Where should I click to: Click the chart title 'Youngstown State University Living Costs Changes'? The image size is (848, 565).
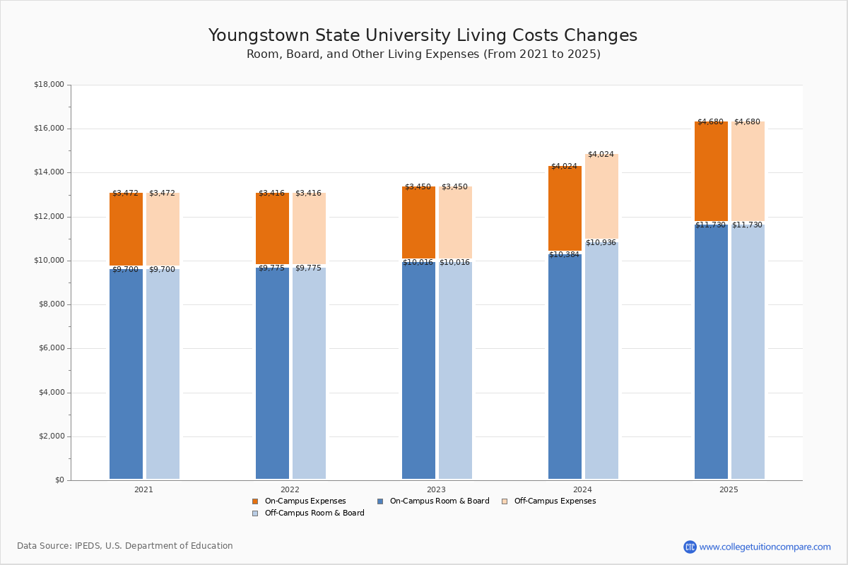(x=423, y=36)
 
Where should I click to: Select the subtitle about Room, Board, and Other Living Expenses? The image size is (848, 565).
(x=423, y=54)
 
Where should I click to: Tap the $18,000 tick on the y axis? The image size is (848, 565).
(x=49, y=85)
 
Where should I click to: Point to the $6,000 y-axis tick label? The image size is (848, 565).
(x=49, y=348)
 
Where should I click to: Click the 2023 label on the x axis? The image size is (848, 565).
(x=436, y=489)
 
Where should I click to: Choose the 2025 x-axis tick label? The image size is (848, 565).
(x=729, y=489)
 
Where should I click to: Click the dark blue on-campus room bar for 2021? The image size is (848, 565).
(x=126, y=374)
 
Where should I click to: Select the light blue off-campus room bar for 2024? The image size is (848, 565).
(x=601, y=360)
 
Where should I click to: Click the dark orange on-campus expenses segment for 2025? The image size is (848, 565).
(x=711, y=172)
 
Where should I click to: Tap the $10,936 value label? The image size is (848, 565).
(x=601, y=243)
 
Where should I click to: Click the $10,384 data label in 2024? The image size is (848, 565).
(x=564, y=255)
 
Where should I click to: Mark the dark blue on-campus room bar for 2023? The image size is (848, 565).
(x=418, y=371)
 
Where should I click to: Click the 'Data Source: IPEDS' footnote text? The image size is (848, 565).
(x=125, y=546)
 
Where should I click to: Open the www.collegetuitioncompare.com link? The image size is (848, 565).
(x=765, y=547)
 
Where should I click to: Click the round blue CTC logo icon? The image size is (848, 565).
(x=690, y=547)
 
